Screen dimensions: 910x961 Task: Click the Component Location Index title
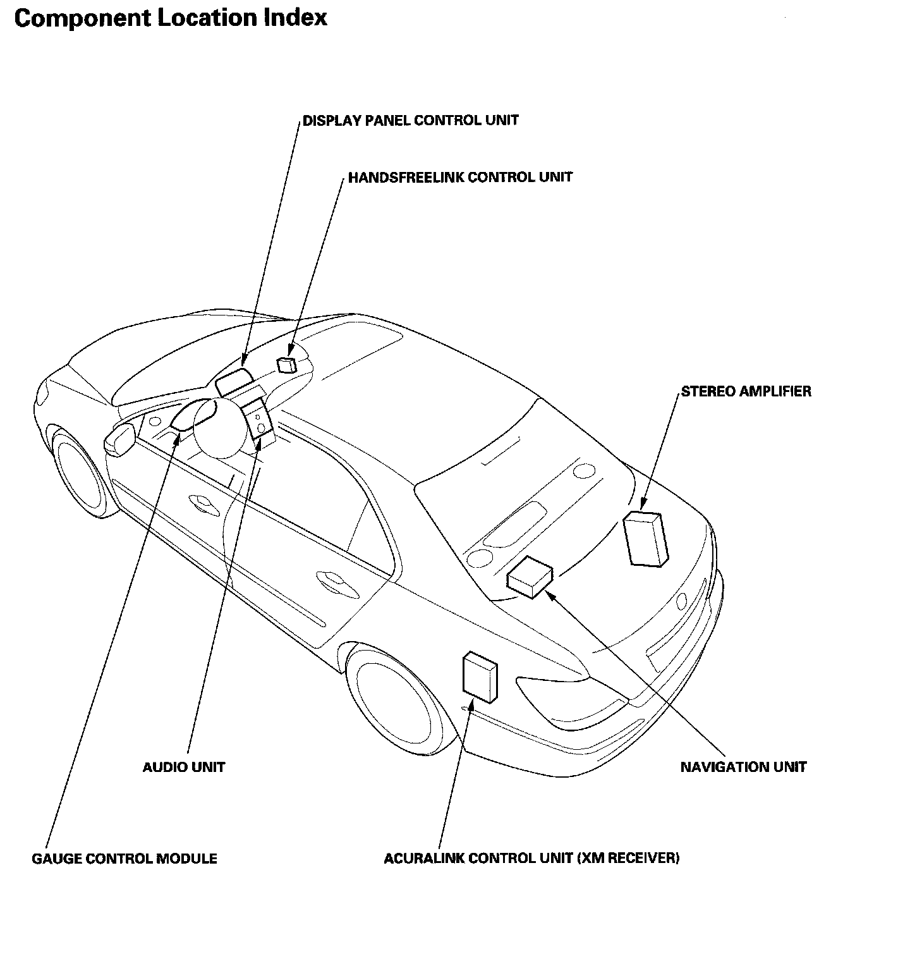[x=171, y=18]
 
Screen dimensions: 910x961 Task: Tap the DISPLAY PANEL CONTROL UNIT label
[x=411, y=120]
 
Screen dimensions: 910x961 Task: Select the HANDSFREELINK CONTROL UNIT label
[x=461, y=177]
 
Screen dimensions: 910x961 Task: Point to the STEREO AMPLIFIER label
[x=746, y=391]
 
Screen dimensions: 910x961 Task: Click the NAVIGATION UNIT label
[x=744, y=768]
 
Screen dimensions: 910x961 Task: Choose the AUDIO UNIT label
[x=184, y=768]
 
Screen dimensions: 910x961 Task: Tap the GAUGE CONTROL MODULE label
[x=124, y=859]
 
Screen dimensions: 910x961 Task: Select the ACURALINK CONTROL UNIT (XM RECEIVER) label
[x=532, y=859]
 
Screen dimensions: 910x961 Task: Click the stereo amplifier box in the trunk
[x=645, y=537]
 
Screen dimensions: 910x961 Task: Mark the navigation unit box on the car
[x=530, y=575]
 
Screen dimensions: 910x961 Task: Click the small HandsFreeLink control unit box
[x=287, y=364]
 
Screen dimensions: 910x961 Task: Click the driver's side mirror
[x=121, y=438]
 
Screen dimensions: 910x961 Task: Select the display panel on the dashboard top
[x=234, y=382]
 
